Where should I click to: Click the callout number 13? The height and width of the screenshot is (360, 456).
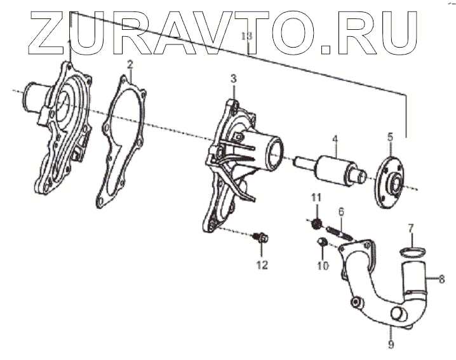(248, 37)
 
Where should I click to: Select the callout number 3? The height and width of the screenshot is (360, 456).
(233, 79)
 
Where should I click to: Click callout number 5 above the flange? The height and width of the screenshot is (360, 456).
(391, 136)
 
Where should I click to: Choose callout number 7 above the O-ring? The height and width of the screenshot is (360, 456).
(411, 227)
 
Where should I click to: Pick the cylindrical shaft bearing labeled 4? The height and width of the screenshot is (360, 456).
(334, 168)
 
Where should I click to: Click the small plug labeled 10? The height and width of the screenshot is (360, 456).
(321, 242)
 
